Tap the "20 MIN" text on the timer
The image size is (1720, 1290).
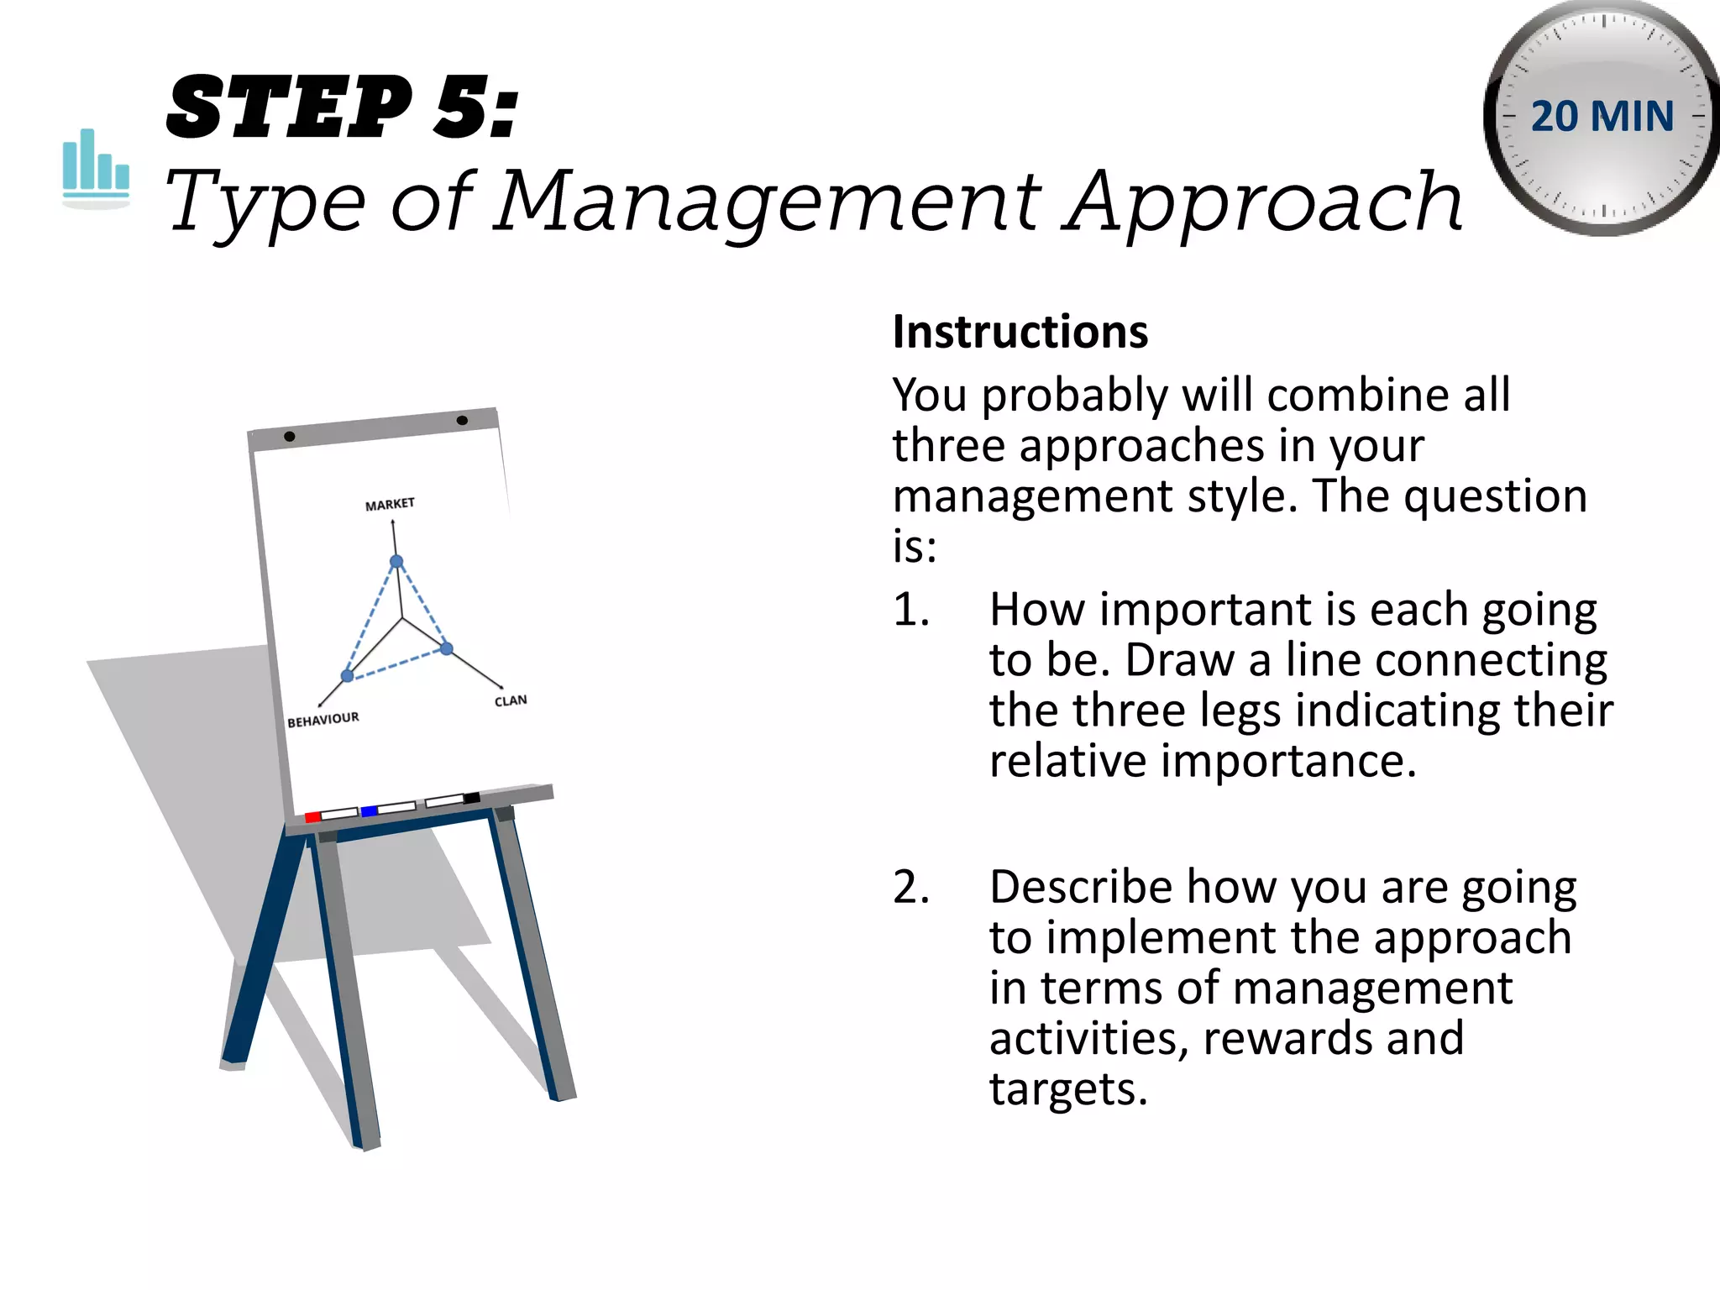point(1602,116)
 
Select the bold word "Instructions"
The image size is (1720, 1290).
point(1020,332)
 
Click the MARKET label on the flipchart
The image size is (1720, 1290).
point(390,504)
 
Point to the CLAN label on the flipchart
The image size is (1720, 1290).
point(511,700)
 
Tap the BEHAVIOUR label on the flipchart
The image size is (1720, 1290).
point(322,720)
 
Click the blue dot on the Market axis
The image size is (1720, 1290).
point(396,562)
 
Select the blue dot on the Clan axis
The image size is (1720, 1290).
point(447,648)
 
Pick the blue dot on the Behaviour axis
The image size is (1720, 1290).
point(347,676)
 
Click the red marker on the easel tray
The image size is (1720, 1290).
point(312,816)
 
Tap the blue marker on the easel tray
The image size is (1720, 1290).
point(369,810)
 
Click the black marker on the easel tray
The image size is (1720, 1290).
point(471,798)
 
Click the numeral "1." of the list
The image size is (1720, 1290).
point(910,610)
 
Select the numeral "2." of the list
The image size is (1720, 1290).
point(910,887)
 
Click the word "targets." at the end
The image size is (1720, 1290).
point(1067,1089)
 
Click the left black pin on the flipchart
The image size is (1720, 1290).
point(290,437)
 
